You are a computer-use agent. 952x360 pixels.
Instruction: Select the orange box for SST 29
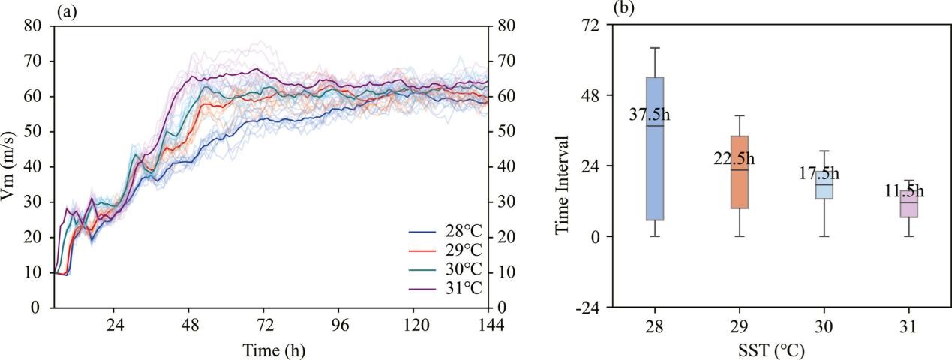739,172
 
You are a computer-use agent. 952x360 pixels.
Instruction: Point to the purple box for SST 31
909,204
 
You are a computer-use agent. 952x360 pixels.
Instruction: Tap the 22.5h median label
734,159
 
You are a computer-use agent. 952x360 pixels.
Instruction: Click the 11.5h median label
904,192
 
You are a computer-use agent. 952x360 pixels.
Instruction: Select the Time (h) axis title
274,349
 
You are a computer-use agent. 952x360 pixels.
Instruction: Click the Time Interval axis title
563,184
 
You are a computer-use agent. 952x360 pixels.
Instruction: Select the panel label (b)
623,9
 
